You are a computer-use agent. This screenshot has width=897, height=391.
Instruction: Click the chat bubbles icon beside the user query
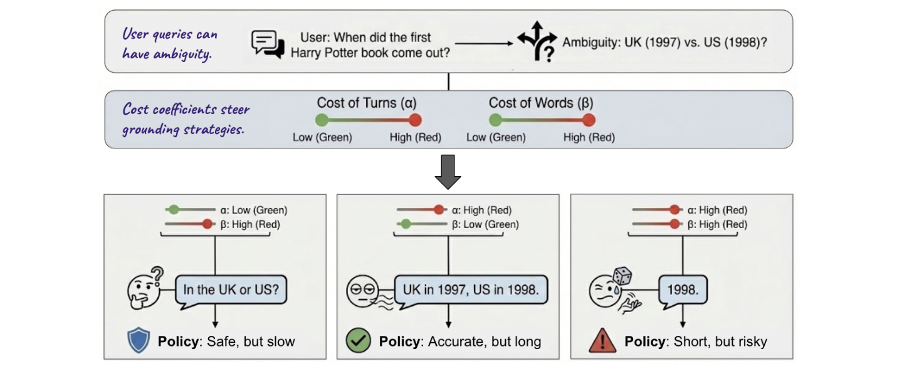(x=268, y=44)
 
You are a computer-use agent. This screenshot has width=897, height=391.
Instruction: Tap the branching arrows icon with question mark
(x=537, y=41)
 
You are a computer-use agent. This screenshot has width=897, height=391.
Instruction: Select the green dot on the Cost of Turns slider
(x=322, y=120)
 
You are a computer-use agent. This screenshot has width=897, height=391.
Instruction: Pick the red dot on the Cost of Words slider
(x=589, y=120)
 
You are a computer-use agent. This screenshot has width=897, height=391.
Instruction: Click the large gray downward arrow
(x=448, y=172)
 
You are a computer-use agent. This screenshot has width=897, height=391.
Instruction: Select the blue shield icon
(x=139, y=340)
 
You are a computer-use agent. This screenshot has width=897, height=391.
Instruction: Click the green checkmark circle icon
(x=358, y=340)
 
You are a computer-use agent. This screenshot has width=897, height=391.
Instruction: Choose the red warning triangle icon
(x=602, y=340)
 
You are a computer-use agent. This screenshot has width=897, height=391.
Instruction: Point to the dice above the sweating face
(x=622, y=276)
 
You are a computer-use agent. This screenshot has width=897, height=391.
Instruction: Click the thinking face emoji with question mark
(x=145, y=288)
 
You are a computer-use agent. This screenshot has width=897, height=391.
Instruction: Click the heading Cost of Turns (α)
(x=367, y=103)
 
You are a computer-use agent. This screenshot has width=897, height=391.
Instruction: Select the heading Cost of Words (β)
(x=540, y=103)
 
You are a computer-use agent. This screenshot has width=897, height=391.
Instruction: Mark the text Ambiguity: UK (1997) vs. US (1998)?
(x=664, y=42)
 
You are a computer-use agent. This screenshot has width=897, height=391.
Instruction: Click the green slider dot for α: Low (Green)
(x=174, y=209)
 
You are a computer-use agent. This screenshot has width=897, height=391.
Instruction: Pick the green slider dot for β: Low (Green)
(x=406, y=224)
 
